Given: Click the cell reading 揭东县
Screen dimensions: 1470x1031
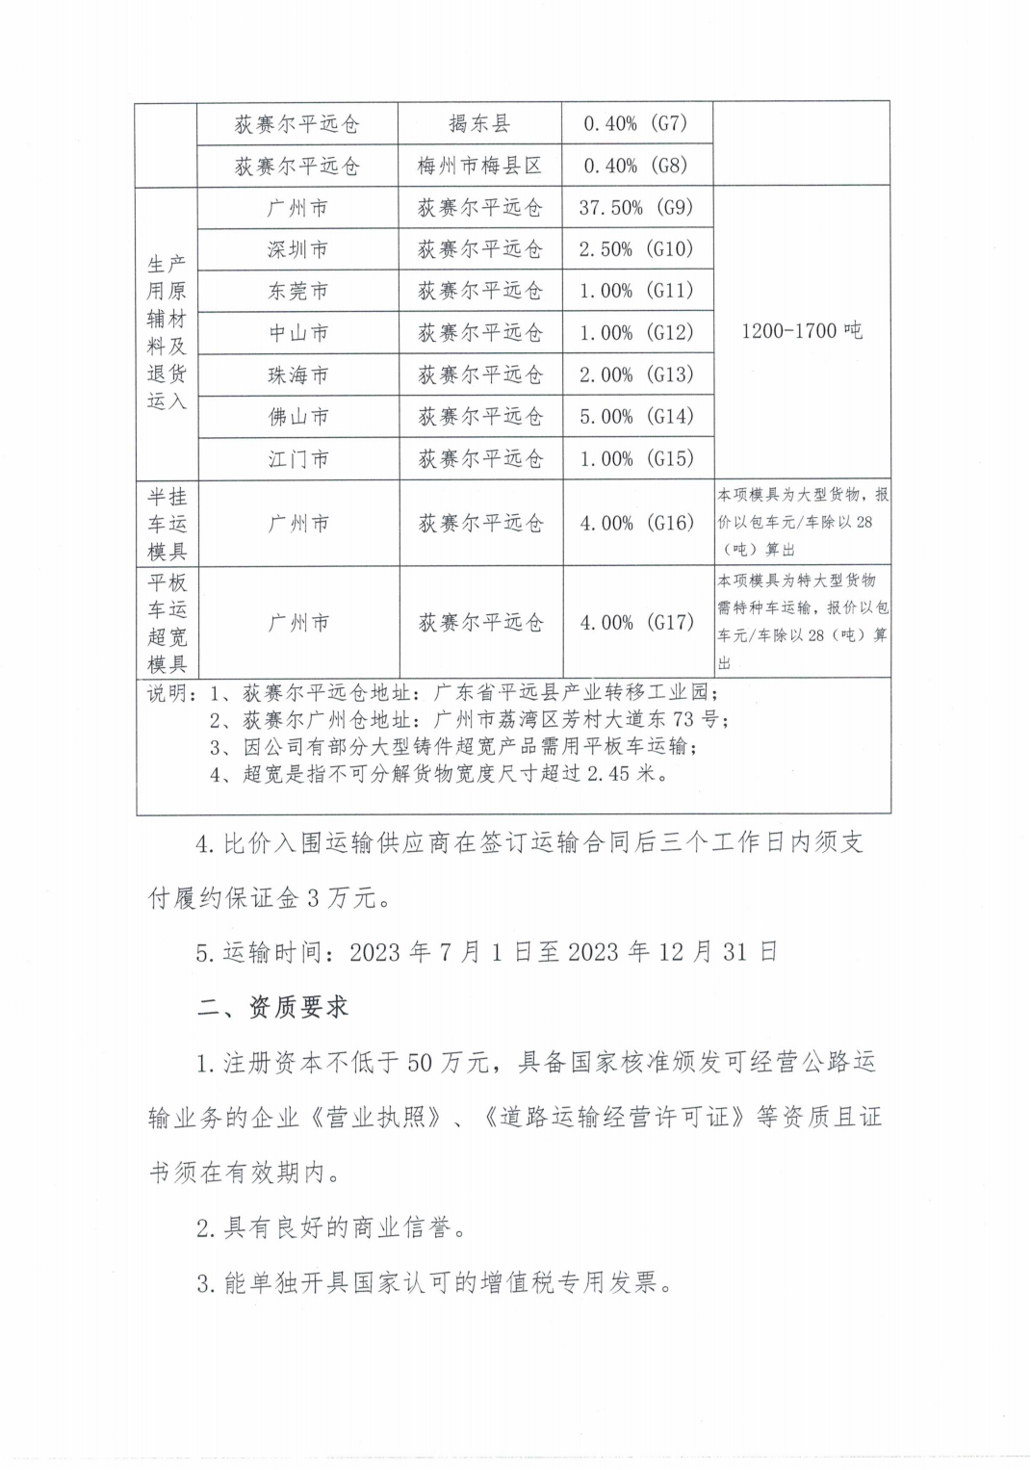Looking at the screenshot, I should pos(479,123).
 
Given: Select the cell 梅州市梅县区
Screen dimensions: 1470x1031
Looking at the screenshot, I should pos(479,166).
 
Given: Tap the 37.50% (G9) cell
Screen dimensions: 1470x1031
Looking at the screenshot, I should pos(636,207).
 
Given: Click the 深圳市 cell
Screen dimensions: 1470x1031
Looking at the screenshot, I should pos(297,249).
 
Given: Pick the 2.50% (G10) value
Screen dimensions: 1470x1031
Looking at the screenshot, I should pos(636,249).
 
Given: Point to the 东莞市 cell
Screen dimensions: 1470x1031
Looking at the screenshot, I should pos(297,291).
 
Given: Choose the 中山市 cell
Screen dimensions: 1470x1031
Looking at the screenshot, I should pos(297,333).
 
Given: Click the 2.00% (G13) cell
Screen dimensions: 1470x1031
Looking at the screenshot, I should pos(636,374).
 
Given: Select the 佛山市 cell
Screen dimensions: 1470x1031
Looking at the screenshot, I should pos(297,417).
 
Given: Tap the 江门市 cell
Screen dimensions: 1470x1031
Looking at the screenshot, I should pos(297,459).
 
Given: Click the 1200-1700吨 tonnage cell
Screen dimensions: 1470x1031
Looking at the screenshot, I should pos(801,331).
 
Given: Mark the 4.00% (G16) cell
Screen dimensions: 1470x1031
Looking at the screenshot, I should pos(636,523).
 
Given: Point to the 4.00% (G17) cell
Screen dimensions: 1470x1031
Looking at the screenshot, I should pos(636,622).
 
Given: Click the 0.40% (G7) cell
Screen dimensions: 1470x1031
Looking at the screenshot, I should pos(636,123).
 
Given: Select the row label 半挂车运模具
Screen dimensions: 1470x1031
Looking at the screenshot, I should pos(167,524).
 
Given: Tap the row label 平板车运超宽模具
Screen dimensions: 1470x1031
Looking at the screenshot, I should pos(167,623).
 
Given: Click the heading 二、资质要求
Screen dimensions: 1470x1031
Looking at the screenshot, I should pos(272,1007).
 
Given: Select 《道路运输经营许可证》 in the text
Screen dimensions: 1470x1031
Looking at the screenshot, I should pos(616,1118).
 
